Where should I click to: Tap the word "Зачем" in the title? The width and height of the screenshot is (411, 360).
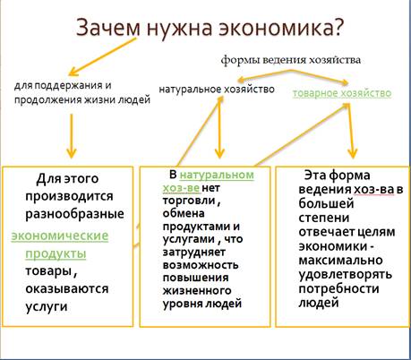pos(108,28)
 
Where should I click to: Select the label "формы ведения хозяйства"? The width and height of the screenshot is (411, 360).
pos(291,60)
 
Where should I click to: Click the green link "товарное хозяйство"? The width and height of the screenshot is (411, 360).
pos(342,93)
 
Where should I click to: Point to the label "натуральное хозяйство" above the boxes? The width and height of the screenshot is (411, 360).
pos(217,89)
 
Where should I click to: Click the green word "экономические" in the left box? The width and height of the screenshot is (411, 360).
pos(60,236)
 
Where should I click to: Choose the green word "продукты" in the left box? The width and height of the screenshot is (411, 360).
pos(56,253)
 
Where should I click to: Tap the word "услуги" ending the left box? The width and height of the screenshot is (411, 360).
pos(47,306)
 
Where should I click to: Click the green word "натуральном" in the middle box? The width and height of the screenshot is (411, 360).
pos(217,175)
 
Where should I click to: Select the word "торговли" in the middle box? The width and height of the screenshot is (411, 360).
pos(189,201)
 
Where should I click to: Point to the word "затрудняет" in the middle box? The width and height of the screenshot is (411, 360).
pos(194,252)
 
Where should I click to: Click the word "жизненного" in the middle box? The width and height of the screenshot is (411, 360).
pos(197,290)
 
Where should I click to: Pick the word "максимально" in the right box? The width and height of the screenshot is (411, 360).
pos(340,260)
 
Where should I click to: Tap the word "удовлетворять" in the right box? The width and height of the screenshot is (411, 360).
pos(346,274)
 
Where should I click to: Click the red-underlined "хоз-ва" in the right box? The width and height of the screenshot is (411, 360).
pos(373,189)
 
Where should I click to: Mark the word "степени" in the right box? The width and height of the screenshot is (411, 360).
pos(324,218)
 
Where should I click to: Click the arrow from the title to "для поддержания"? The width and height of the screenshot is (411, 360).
pos(102,56)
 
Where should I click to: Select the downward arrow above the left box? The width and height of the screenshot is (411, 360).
pos(72,136)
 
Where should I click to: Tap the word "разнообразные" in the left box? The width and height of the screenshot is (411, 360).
pos(74,214)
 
